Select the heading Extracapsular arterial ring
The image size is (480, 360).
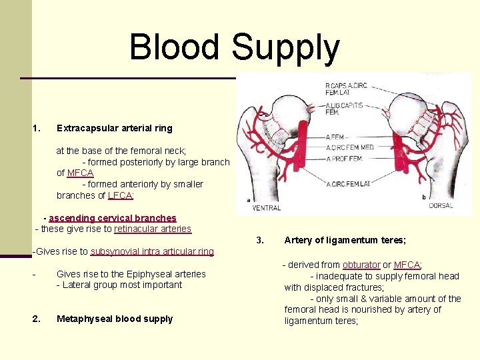pos(114,128)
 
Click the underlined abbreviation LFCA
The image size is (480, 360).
pos(121,195)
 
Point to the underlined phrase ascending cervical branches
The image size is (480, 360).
pos(112,218)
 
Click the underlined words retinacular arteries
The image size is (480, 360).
pos(153,229)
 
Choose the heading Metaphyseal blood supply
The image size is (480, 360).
pos(114,319)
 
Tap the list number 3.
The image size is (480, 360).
pos(261,241)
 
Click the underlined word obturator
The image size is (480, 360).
pos(361,265)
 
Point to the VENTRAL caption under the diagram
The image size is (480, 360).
pos(266,208)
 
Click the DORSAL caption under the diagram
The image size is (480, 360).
pos(440,206)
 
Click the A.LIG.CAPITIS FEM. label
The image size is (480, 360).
pos(343,108)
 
